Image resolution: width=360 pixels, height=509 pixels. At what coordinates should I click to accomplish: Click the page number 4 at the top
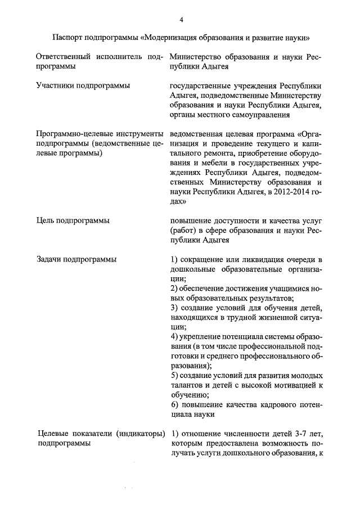182,20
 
